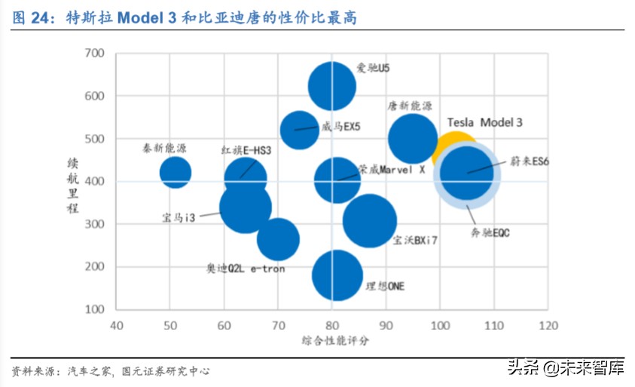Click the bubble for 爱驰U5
click(331, 86)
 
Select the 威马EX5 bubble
click(299, 130)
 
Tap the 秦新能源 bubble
click(175, 172)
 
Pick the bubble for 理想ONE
click(337, 276)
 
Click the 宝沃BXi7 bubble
click(370, 221)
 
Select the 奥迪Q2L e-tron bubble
click(278, 239)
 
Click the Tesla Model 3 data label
click(484, 122)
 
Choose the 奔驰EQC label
click(490, 233)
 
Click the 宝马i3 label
click(179, 218)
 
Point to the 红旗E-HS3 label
click(246, 150)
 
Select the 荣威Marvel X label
click(392, 170)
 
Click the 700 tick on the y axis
click(94, 54)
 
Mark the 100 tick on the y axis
click(94, 309)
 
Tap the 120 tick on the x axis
click(548, 326)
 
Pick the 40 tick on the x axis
click(116, 326)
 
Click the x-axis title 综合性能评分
click(332, 341)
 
